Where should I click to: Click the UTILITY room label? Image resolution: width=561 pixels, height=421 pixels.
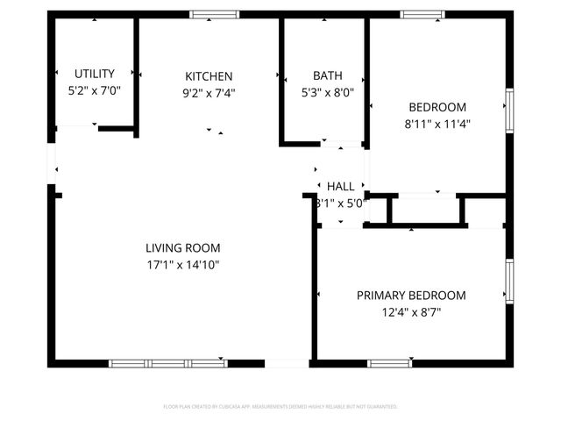(x=94, y=74)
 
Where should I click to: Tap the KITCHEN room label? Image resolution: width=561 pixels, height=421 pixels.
(x=209, y=76)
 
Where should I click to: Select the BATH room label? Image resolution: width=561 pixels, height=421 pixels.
(x=327, y=75)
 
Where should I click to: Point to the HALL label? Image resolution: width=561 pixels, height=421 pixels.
(x=341, y=187)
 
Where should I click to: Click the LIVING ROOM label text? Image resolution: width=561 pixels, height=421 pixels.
(x=182, y=248)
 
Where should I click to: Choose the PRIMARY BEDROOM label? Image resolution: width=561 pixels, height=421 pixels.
(x=410, y=296)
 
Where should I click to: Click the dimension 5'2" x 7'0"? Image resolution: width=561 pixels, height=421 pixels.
(x=94, y=90)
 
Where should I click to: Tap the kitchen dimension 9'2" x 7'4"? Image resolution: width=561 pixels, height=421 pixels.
(x=209, y=92)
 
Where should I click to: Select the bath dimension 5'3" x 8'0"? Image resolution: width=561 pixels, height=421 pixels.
(x=327, y=91)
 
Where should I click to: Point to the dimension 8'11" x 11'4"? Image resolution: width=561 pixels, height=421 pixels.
(x=437, y=124)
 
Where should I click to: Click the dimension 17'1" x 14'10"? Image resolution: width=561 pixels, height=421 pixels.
(x=182, y=264)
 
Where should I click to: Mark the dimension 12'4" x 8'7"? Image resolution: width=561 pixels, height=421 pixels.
(x=410, y=311)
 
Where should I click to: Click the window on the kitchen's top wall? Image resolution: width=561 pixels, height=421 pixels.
(x=214, y=14)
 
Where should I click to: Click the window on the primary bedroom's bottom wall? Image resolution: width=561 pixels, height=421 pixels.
(x=389, y=363)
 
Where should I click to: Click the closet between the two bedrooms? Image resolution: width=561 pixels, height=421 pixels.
(x=425, y=210)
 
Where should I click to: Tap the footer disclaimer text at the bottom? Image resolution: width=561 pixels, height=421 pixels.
(x=280, y=407)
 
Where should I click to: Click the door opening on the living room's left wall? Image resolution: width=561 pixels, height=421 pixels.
(x=53, y=162)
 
